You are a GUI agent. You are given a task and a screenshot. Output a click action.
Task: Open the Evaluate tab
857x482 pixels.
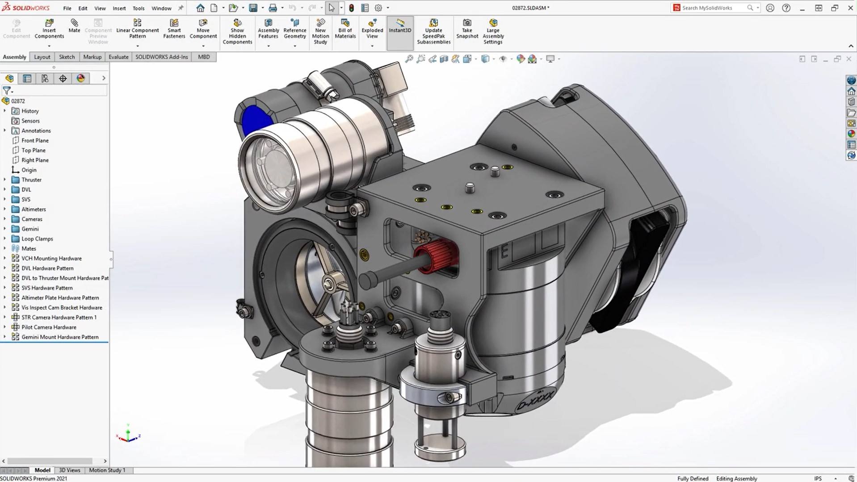coord(118,57)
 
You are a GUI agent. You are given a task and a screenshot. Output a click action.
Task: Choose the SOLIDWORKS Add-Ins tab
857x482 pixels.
coord(161,57)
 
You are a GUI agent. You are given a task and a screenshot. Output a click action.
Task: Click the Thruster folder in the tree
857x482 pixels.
coord(31,180)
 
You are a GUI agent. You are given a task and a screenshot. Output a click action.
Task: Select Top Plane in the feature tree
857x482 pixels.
coord(34,150)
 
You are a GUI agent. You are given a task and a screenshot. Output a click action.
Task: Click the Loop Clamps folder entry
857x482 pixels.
coord(37,239)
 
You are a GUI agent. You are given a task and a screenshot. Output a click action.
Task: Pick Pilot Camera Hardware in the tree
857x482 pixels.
coord(49,327)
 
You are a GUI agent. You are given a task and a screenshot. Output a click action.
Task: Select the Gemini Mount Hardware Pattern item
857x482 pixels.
coord(60,337)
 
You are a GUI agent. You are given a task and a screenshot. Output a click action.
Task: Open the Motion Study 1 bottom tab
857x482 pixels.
coord(107,470)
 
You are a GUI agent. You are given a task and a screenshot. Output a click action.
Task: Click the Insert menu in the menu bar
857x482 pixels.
coord(119,8)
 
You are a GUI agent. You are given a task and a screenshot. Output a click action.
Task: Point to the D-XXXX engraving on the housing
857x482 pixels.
coord(535,399)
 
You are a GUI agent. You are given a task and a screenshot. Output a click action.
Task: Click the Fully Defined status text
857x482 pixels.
coord(692,478)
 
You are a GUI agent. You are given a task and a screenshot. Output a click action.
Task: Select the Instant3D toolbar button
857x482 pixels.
coord(399,27)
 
